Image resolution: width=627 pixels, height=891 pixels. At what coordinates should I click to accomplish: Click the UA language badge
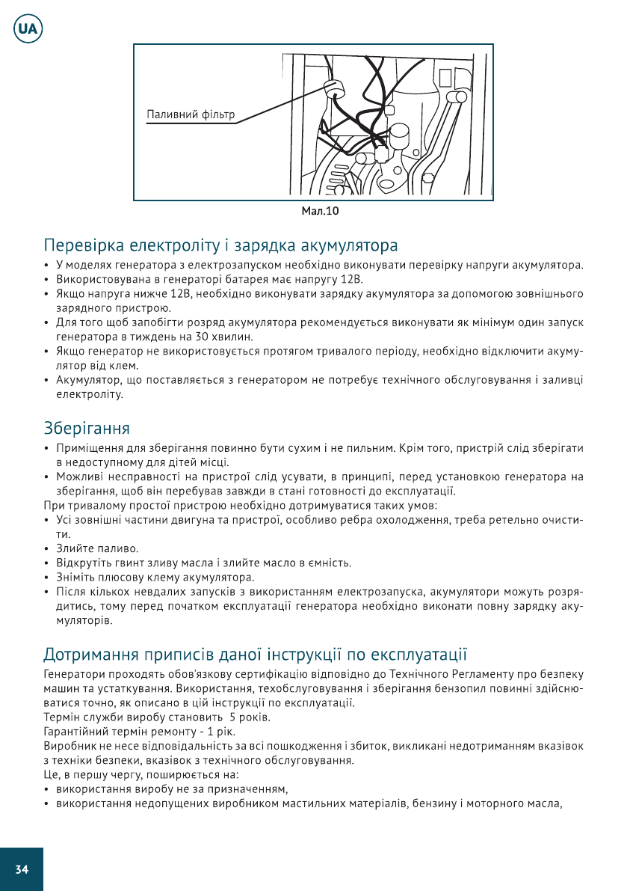pyautogui.click(x=28, y=30)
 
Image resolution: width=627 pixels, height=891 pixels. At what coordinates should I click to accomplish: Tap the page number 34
pyautogui.click(x=22, y=869)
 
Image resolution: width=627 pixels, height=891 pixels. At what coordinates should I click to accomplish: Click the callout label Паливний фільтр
pyautogui.click(x=191, y=115)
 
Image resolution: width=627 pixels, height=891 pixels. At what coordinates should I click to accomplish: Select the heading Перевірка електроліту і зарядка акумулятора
pyautogui.click(x=220, y=245)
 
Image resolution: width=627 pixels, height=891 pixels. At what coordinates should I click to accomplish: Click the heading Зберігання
pyautogui.click(x=87, y=429)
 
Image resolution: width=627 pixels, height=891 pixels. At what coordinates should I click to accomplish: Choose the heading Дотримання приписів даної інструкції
pyautogui.click(x=255, y=656)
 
